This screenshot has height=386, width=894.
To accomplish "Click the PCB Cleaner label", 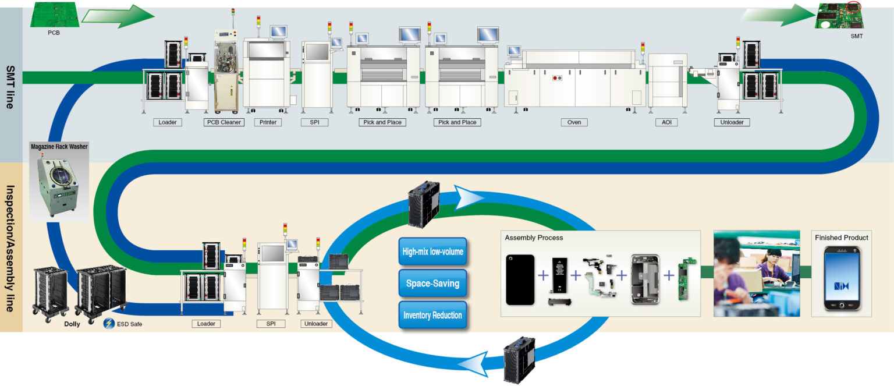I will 223,122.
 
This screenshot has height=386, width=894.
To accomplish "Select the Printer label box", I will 268,122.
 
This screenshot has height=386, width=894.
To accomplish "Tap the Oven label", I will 574,122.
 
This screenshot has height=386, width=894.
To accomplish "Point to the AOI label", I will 666,122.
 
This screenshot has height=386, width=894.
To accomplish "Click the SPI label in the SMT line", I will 315,122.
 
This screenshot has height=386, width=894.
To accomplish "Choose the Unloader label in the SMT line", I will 732,122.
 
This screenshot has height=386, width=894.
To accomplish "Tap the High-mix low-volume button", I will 432,252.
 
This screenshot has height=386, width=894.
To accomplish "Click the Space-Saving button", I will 432,284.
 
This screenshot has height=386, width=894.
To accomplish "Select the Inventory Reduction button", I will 432,315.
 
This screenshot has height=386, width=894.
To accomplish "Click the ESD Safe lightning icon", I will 108,324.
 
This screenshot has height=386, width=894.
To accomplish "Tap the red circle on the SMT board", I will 854,7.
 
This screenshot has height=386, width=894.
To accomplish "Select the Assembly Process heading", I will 534,238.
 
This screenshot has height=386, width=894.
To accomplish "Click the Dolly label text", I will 72,324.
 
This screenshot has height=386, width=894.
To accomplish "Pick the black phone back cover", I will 520,279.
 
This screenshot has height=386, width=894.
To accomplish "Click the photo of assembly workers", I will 757,273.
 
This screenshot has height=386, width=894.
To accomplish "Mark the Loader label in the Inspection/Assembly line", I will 206,324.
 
